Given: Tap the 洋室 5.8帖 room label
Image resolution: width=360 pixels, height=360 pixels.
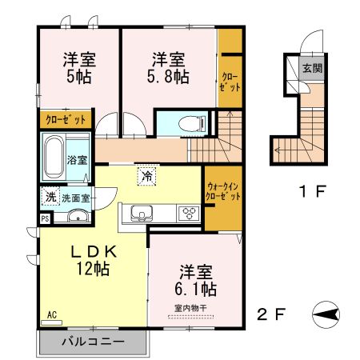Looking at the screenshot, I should (x=169, y=67).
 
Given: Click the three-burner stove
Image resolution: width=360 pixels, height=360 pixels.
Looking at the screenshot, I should (x=190, y=213).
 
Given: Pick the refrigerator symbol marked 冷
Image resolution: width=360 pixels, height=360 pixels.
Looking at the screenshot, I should (x=146, y=175).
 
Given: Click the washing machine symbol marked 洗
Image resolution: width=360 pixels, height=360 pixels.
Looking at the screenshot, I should (x=50, y=197).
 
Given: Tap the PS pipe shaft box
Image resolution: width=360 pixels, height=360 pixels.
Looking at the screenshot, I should (x=45, y=218).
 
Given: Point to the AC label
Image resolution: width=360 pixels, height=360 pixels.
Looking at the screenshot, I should (x=52, y=315).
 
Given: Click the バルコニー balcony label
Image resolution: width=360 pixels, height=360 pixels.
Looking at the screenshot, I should (x=94, y=342).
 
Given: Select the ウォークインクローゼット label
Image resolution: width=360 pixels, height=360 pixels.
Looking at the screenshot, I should (x=222, y=191).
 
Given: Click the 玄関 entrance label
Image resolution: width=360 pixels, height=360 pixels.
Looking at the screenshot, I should (x=312, y=69).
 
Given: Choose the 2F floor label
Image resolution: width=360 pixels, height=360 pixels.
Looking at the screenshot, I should (x=271, y=313).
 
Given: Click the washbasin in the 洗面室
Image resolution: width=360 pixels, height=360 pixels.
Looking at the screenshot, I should (x=78, y=216).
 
